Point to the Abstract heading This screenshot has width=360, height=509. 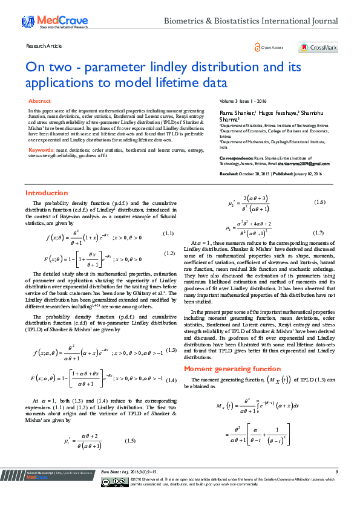click(x=40, y=101)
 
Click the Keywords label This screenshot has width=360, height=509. click(x=41, y=149)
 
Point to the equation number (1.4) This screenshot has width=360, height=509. click(x=171, y=380)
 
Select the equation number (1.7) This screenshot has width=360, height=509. click(x=318, y=233)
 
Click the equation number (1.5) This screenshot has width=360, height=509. click(x=129, y=441)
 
